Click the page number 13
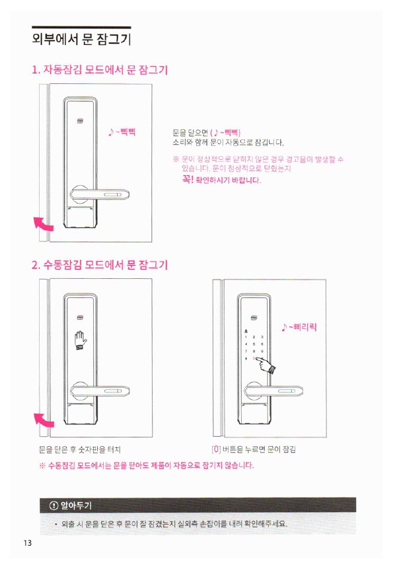28,543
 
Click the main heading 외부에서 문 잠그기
81,39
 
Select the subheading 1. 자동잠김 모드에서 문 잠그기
100,69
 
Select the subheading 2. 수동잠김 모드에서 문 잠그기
100,265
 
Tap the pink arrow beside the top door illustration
44,223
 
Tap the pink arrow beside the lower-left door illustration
44,420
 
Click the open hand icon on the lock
81,340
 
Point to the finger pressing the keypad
266,365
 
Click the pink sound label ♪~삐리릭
299,327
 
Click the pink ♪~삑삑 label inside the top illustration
122,132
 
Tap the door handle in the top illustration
100,194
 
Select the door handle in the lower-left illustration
100,390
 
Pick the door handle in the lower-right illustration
273,390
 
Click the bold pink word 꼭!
188,179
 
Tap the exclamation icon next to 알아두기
54,505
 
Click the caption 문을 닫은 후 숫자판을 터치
79,449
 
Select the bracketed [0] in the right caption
216,449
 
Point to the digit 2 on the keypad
254,337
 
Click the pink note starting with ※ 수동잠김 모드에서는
147,465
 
